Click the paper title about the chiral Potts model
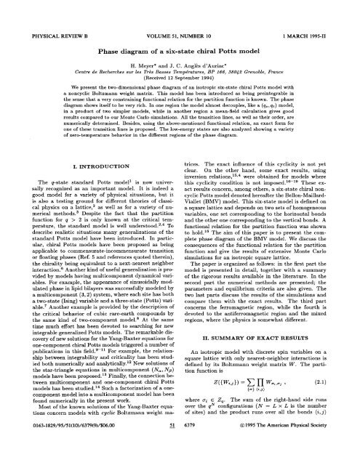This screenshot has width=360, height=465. (x=179, y=31)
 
